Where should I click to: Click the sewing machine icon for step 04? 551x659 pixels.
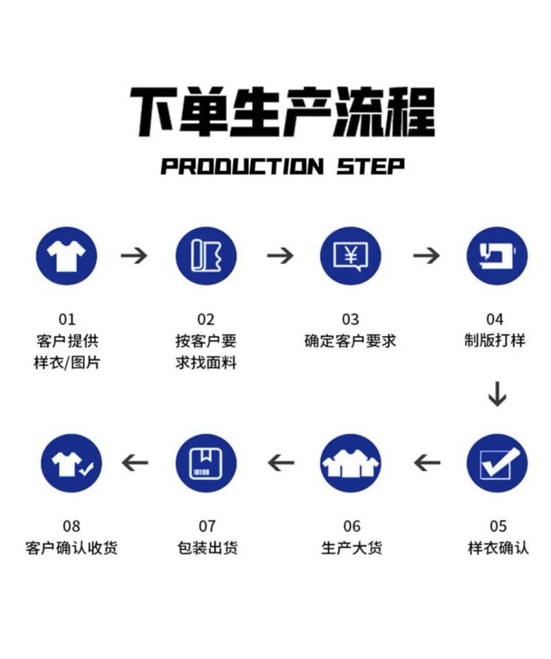coord(497,255)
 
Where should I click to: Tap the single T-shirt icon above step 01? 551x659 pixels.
coord(66,255)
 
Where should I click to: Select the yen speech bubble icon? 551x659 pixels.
coord(350,255)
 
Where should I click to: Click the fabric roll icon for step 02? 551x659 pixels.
coord(206,255)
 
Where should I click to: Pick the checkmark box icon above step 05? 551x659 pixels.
coord(497,463)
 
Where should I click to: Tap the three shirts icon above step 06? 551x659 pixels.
coord(350,463)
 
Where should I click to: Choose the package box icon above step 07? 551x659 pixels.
coord(206,463)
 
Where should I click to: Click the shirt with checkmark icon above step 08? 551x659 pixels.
coord(71,463)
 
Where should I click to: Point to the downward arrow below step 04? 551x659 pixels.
coord(497,393)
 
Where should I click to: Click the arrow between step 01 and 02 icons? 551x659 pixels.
coord(134,255)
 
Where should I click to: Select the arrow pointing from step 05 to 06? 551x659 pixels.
coord(427,463)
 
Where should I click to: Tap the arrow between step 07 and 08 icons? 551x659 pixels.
coord(135,463)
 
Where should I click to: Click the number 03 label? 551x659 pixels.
coord(350,320)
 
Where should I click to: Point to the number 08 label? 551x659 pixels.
coord(71,526)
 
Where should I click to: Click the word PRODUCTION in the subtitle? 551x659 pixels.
coord(242,167)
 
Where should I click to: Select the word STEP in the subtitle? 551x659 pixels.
coord(370,167)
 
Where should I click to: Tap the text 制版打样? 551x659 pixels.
coord(494,341)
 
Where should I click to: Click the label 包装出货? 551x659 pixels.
coord(207,548)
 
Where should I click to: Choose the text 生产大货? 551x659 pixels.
coord(352,548)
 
